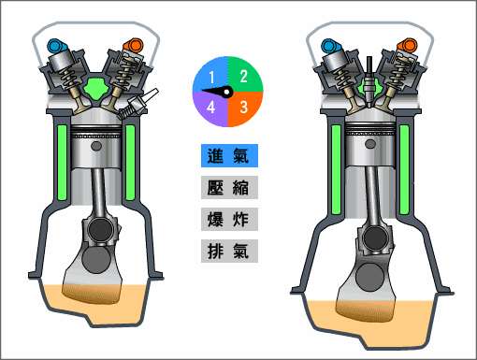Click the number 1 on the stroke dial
[x=213, y=75]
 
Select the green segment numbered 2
[x=244, y=75]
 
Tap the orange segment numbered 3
[x=244, y=107]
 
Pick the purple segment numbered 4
[x=212, y=107]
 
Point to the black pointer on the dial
[x=221, y=91]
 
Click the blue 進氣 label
[x=229, y=155]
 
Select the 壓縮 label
[x=229, y=187]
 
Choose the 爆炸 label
[x=229, y=220]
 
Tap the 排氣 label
[x=229, y=252]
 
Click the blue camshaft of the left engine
[x=56, y=45]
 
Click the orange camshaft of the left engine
[x=133, y=44]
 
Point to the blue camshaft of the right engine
[x=329, y=45]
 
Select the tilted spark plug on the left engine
[x=145, y=101]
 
